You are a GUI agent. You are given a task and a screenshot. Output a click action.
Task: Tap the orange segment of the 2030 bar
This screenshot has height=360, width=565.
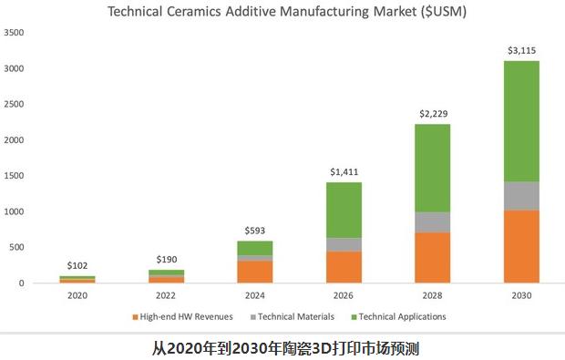click(521, 246)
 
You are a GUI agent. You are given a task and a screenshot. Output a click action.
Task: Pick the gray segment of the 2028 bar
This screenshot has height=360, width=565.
click(433, 222)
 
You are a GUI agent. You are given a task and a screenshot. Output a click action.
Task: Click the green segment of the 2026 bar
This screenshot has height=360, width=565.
click(344, 210)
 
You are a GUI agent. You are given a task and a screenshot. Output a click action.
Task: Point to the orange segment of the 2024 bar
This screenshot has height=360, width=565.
click(256, 272)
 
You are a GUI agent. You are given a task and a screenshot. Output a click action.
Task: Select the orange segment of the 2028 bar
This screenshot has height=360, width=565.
click(433, 257)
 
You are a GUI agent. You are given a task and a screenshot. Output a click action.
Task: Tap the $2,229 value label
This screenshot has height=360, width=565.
click(433, 114)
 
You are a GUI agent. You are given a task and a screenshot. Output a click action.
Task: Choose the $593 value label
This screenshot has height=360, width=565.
click(256, 231)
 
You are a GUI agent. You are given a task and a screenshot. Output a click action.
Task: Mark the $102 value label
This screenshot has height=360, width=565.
click(77, 265)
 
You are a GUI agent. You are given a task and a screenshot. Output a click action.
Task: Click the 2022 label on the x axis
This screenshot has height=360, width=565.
click(167, 295)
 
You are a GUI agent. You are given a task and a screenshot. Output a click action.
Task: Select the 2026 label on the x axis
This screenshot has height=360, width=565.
click(344, 295)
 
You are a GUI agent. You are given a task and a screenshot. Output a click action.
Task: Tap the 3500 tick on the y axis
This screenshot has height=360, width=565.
click(14, 33)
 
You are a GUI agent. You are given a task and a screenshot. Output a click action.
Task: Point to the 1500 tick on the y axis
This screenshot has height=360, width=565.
click(14, 176)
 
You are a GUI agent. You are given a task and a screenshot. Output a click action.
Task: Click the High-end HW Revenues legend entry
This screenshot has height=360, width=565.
click(182, 316)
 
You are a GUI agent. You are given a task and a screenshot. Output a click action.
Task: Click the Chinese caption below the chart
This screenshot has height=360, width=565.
click(283, 348)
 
